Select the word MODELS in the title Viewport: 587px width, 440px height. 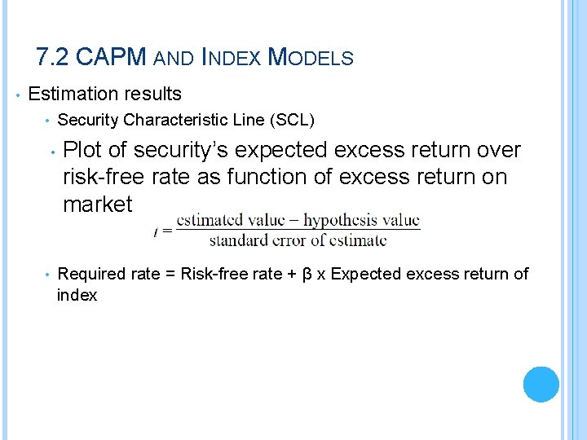tap(311, 58)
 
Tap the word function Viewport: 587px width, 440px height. tap(272, 178)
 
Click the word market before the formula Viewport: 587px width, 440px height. tap(98, 205)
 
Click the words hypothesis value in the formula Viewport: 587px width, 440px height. tap(362, 220)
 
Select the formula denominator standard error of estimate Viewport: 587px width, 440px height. tap(298, 240)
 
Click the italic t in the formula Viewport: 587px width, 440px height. tap(155, 231)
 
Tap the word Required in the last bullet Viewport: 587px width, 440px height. tap(90, 274)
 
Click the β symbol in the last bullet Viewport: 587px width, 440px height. tap(307, 274)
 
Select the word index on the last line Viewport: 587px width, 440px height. tap(77, 295)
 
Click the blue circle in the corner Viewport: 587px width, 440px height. tap(541, 384)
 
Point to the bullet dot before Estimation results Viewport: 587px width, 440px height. tap(17, 95)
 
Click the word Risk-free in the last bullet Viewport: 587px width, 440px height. tap(213, 274)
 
